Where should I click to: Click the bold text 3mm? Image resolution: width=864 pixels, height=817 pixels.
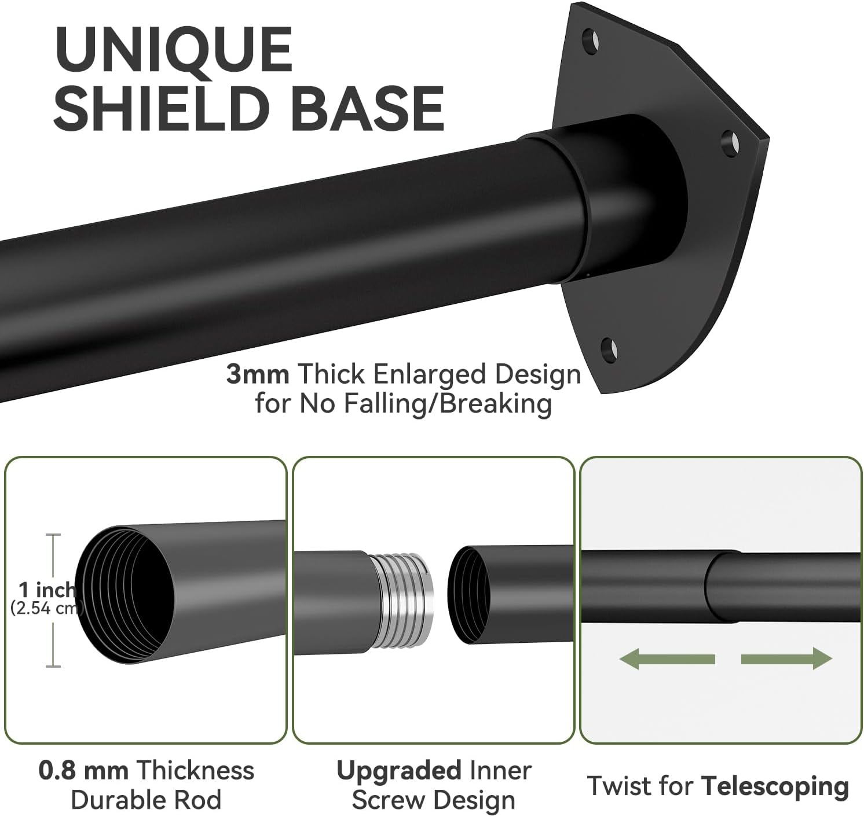pos(258,374)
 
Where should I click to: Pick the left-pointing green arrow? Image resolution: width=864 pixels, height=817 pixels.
pos(667,658)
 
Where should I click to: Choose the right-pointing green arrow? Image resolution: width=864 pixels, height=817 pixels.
pos(786,658)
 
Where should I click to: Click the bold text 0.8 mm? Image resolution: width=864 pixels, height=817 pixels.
pos(83,771)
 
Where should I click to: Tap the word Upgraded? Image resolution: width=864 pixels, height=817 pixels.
pos(398,771)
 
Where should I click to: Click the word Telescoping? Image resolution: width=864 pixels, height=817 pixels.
pos(775,786)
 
